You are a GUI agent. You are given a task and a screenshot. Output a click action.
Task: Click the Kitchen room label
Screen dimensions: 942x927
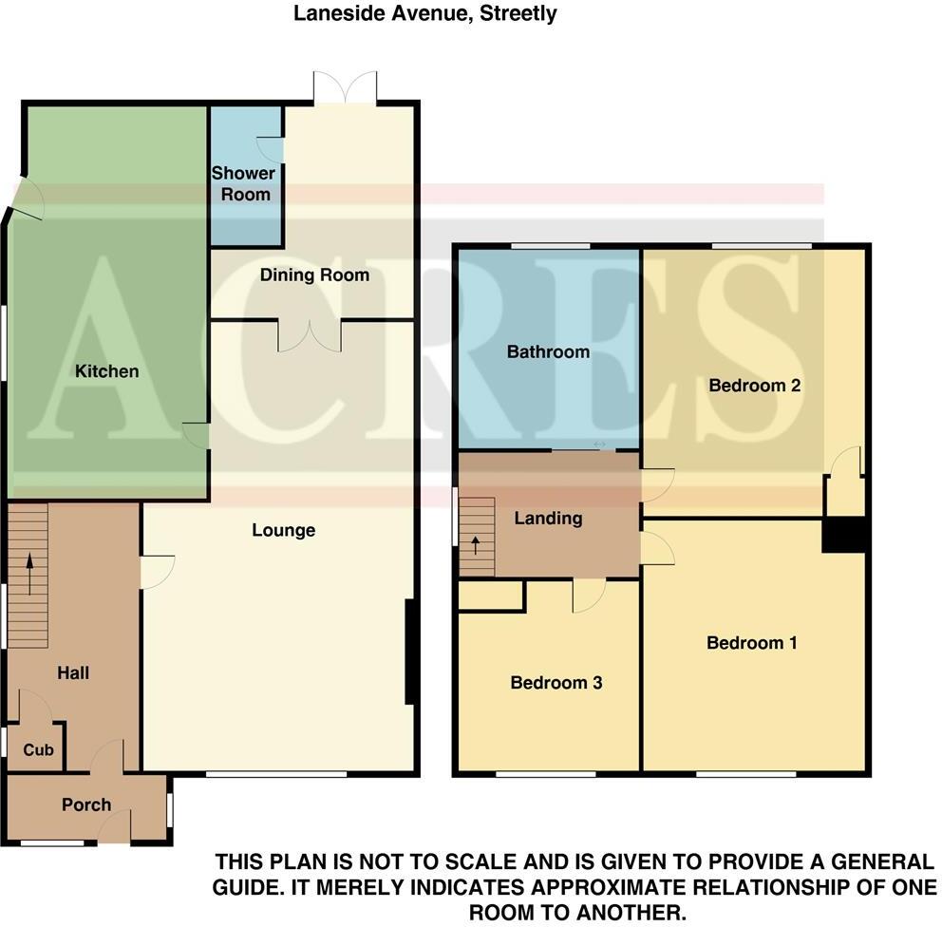tap(107, 371)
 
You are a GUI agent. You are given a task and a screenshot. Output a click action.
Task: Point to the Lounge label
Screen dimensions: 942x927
tap(283, 530)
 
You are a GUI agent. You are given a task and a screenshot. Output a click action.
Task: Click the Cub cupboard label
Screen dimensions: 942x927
tap(38, 750)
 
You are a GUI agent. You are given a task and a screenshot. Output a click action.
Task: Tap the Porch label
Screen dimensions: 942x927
tap(86, 805)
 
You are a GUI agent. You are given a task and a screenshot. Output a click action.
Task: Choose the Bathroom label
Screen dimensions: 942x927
tap(548, 352)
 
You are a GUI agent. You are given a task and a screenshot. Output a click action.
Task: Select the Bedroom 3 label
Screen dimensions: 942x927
tap(556, 683)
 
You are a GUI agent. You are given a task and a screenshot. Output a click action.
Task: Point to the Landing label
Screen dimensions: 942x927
tap(548, 519)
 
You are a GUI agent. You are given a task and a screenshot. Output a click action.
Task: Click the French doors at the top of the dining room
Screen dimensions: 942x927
tap(346, 88)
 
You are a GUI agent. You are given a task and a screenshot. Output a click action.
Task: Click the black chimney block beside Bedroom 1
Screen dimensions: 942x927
tap(844, 534)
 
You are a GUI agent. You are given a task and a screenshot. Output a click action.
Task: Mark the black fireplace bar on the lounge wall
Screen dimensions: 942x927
tap(409, 652)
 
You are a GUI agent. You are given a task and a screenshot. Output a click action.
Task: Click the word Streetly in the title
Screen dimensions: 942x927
tap(518, 13)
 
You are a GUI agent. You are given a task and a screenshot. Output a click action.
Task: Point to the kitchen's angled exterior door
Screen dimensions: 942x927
tap(27, 199)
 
